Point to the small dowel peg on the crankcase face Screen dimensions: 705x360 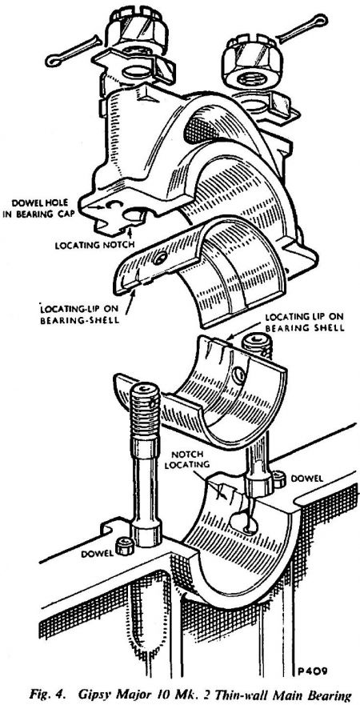[123, 547]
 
